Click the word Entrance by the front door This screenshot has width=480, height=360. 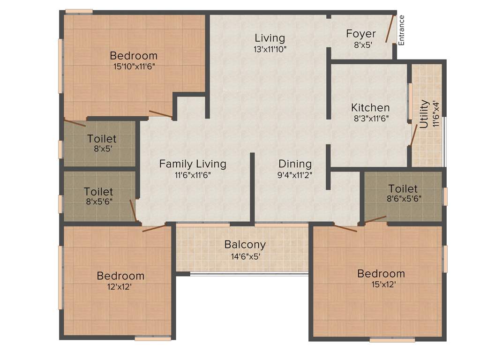coord(401,30)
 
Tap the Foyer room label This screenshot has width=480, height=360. coord(361,34)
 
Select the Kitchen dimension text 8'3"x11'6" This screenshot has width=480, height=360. coord(370,119)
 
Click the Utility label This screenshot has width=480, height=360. coord(424,114)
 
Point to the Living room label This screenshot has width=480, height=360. coord(270,38)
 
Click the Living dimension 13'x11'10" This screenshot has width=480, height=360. coord(270,49)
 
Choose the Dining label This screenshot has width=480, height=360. coord(295,164)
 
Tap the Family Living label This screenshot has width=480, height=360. coord(193,164)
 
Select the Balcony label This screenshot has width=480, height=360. coord(245,245)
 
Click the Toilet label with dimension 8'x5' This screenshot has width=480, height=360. coord(102,139)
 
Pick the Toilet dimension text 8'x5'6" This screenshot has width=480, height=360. coord(98,202)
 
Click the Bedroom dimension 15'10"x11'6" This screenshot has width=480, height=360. coord(134,66)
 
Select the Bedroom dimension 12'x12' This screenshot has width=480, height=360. coord(120,287)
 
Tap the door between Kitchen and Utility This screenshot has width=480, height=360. coord(413,136)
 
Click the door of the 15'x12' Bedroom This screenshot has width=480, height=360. coord(345,228)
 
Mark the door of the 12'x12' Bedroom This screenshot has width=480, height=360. coord(154,228)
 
